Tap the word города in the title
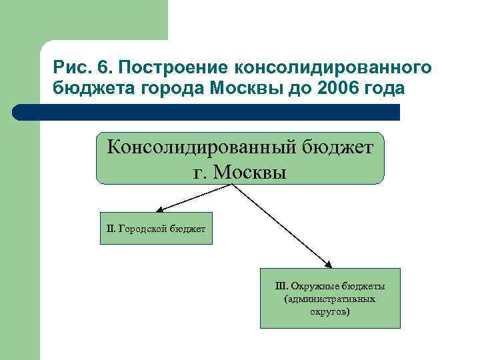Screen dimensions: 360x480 tap(164, 89)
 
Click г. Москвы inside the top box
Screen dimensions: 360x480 tap(239, 171)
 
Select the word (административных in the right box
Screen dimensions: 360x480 tap(329, 299)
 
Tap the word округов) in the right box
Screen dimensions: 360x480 tap(329, 311)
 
